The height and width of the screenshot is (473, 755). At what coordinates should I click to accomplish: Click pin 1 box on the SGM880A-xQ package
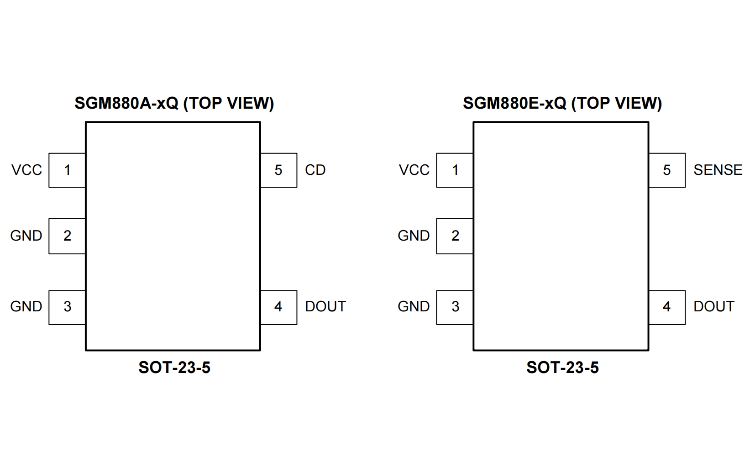[x=67, y=170]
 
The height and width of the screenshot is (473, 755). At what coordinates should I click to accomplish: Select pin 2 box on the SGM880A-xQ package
[x=67, y=236]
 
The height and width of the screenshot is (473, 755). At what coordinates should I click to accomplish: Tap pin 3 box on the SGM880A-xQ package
[x=67, y=307]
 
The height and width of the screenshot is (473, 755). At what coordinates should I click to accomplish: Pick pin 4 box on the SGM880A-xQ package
[x=278, y=307]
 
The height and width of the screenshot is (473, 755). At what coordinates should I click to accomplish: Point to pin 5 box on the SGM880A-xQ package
[x=278, y=170]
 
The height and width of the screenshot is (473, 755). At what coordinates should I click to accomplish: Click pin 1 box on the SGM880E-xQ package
[x=455, y=170]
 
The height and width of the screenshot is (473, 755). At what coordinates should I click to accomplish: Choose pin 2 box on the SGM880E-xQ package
[x=455, y=236]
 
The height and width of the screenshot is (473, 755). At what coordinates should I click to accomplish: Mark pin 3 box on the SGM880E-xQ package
[x=455, y=307]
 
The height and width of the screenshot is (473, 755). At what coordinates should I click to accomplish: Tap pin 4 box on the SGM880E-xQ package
[x=667, y=307]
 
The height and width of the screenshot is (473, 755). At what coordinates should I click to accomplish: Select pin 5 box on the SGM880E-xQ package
[x=667, y=170]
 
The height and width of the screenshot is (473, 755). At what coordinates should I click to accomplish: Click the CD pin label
[x=315, y=170]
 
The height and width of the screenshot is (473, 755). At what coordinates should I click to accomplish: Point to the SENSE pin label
[x=718, y=170]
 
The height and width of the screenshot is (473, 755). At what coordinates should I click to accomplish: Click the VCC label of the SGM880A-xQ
[x=26, y=170]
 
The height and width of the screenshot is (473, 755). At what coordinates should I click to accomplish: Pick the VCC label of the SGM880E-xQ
[x=414, y=170]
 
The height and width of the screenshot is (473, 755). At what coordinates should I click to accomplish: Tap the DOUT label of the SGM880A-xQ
[x=325, y=306]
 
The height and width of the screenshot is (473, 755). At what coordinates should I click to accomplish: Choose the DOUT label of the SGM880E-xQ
[x=714, y=306]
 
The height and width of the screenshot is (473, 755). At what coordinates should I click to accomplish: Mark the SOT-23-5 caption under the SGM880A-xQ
[x=174, y=368]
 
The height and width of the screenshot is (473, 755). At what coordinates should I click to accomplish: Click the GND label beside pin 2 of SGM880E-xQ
[x=414, y=236]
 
